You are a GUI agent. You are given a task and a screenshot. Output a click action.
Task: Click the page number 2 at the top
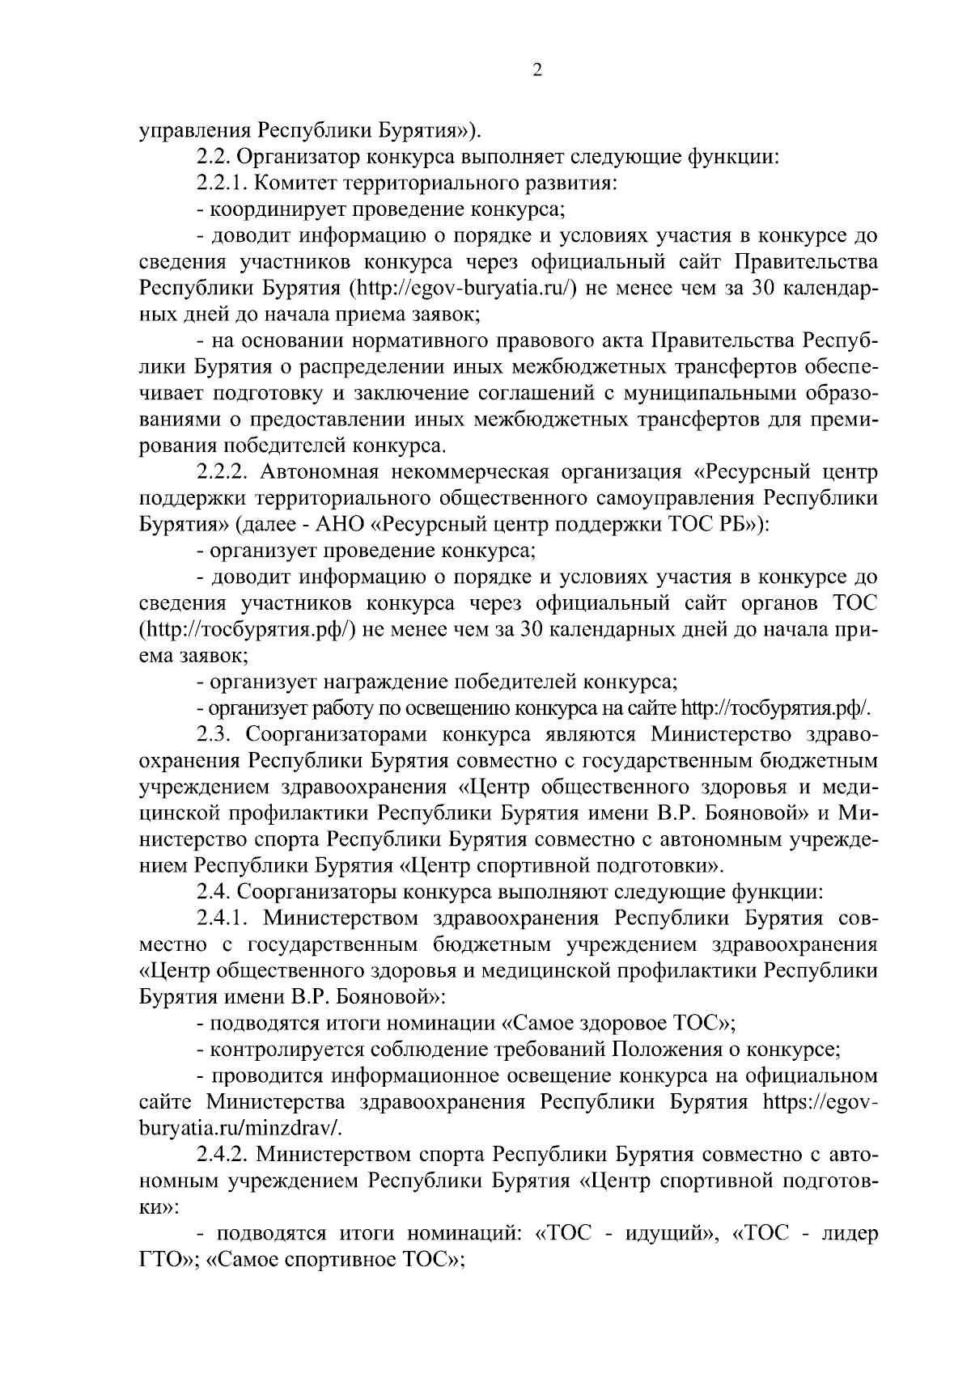(x=536, y=70)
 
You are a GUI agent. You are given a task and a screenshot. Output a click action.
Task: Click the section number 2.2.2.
(x=226, y=471)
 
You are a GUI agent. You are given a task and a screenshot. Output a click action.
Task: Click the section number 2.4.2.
(x=224, y=1155)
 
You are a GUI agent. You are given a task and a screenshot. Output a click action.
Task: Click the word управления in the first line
(x=195, y=130)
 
